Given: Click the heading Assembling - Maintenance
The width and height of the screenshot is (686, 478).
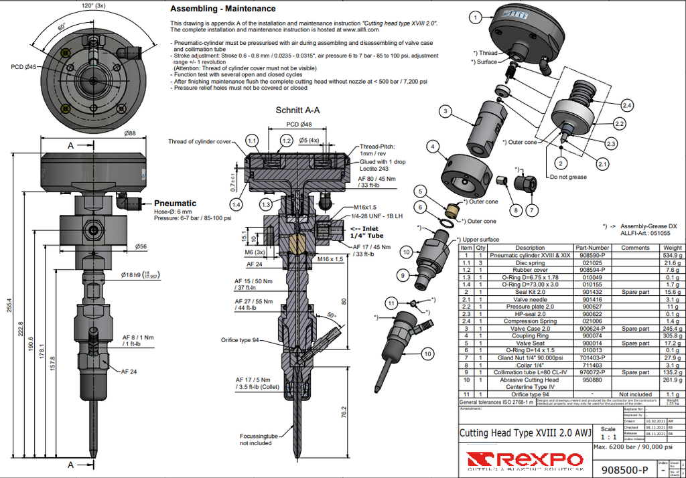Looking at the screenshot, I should point(222,9).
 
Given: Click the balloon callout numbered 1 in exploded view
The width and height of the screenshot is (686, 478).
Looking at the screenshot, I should point(475,17).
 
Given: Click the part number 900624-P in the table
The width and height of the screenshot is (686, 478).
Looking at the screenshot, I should point(592,329).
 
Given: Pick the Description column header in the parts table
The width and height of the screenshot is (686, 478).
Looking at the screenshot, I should point(529,248).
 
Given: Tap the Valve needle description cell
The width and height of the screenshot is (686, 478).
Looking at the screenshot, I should point(529,299).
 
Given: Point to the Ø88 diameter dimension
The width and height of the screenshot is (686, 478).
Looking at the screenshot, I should point(130,133).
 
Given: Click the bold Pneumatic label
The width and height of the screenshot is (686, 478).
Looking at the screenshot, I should point(175,203).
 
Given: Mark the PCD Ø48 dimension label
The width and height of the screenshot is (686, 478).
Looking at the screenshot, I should point(299,125).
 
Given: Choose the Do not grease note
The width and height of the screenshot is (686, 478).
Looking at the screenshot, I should point(568,177).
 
